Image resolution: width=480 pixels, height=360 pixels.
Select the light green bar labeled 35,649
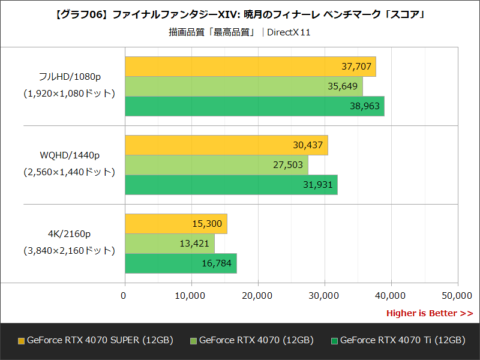tap(244, 86)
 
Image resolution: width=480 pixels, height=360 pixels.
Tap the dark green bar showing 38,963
tap(254, 106)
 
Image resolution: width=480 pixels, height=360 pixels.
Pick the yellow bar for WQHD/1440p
tap(226, 145)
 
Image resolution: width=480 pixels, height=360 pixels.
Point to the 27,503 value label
tap(289, 165)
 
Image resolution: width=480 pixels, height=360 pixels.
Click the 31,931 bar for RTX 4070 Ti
tap(231, 185)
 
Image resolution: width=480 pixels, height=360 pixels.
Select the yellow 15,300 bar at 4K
tap(176, 224)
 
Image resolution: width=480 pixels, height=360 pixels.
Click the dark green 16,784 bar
tap(181, 263)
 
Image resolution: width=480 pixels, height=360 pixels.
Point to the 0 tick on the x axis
tap(124, 295)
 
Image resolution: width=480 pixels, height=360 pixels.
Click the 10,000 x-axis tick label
tap(191, 295)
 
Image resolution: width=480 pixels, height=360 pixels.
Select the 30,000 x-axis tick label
tap(324, 295)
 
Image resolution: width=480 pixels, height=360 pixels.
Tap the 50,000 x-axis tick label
tap(457, 295)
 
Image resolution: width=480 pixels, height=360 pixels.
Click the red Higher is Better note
tap(429, 313)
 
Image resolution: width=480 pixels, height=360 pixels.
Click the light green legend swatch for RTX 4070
tap(193, 341)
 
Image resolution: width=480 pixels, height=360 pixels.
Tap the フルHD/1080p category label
tap(69, 77)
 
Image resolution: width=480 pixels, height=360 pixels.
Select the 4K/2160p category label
tap(69, 234)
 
